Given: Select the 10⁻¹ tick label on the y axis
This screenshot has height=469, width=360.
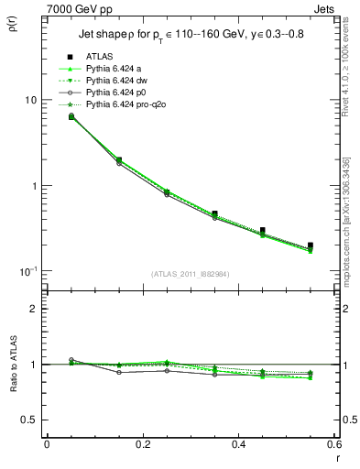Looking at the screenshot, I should pos(27,271).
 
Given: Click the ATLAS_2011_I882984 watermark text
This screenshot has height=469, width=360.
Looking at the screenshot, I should pos(190,274).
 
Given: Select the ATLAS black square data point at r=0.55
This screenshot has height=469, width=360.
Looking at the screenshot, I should pos(311,245).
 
